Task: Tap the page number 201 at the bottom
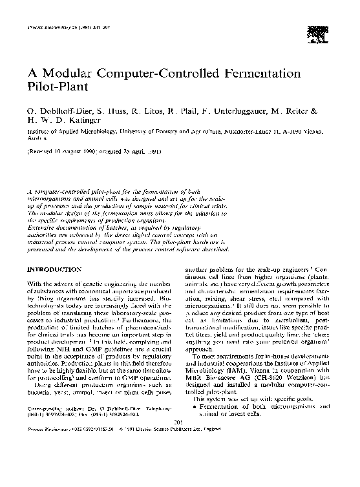[x=180, y=457]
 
